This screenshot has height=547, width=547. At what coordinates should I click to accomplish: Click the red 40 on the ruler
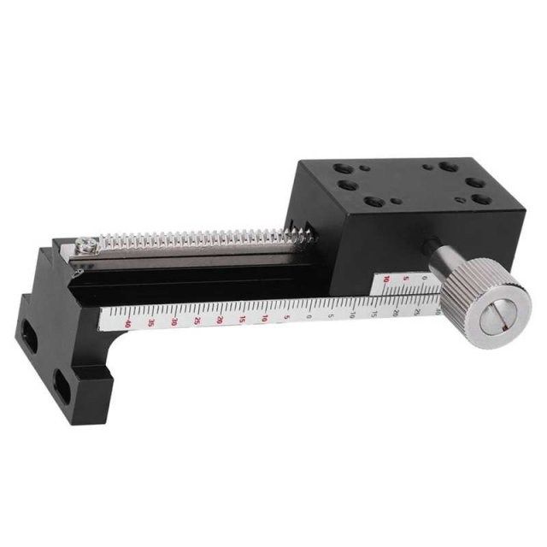tap(127, 324)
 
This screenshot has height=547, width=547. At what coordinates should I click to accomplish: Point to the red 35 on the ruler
tap(151, 323)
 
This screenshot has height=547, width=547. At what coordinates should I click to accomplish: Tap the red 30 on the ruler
tap(174, 321)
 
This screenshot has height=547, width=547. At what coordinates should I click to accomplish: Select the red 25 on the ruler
tap(197, 321)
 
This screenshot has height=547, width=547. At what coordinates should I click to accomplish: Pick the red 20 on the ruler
tap(221, 319)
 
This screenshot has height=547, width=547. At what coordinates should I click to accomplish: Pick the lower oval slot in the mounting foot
tap(63, 381)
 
